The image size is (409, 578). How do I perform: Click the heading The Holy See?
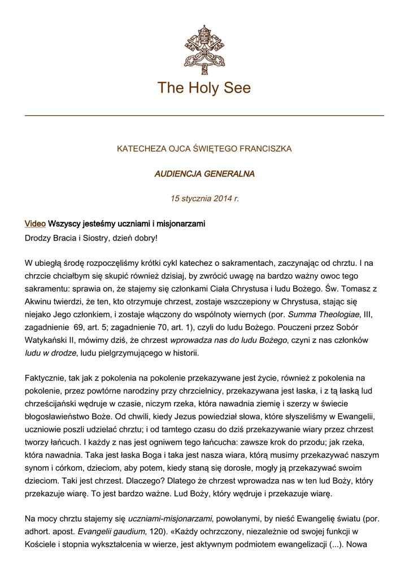(x=204, y=88)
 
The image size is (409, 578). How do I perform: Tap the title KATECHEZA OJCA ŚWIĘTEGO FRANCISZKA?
(x=204, y=149)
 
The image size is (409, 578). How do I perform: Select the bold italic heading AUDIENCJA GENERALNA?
(x=204, y=174)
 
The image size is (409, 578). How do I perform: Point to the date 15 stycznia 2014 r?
(x=204, y=199)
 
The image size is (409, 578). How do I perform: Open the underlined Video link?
(x=35, y=224)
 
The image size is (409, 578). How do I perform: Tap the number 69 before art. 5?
(x=79, y=327)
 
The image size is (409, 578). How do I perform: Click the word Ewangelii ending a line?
(x=358, y=416)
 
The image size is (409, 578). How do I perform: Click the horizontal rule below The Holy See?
(x=204, y=116)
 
